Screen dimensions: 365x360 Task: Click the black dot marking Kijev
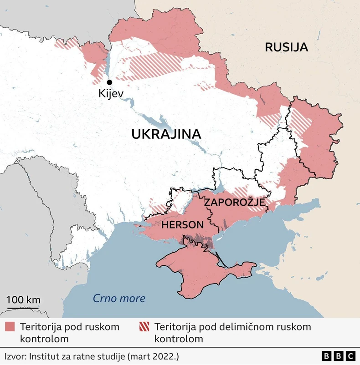pyautogui.click(x=109, y=82)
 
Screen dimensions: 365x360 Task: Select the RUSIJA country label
pyautogui.click(x=286, y=47)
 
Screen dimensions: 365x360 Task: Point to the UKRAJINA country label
pyautogui.click(x=166, y=134)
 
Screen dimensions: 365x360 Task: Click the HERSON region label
pyautogui.click(x=182, y=225)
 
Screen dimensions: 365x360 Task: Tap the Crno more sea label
pyautogui.click(x=119, y=299)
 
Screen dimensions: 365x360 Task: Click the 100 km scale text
pyautogui.click(x=23, y=300)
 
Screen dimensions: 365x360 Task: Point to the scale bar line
pyautogui.click(x=23, y=308)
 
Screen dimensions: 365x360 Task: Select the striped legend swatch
pyautogui.click(x=144, y=327)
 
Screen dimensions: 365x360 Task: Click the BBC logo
pyautogui.click(x=338, y=356)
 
